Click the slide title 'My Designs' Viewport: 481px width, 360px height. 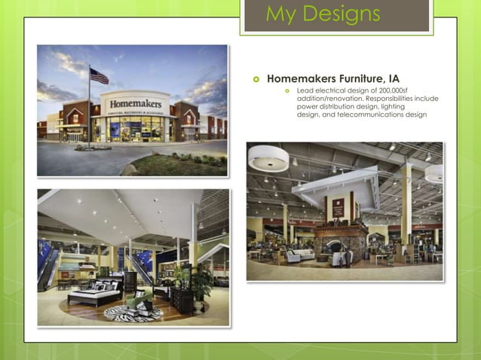click(x=323, y=14)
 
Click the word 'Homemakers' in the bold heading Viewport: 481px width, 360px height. click(x=301, y=78)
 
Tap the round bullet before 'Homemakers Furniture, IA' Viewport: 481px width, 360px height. click(x=256, y=78)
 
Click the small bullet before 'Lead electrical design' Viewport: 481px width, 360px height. click(x=286, y=91)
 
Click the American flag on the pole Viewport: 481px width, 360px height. click(x=99, y=75)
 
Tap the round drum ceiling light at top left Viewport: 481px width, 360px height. click(x=268, y=158)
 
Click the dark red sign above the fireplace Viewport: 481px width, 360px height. click(x=339, y=207)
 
